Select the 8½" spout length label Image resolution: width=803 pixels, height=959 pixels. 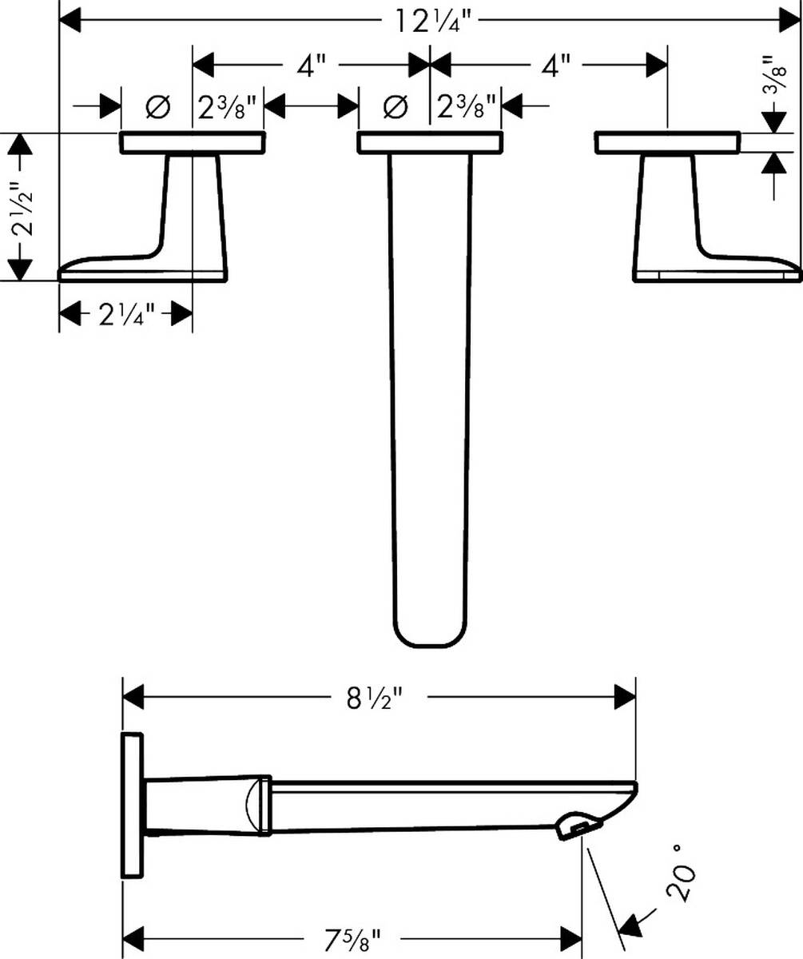pyautogui.click(x=373, y=698)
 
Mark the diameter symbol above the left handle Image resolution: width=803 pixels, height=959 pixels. pyautogui.click(x=157, y=105)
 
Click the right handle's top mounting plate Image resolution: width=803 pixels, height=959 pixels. pyautogui.click(x=667, y=143)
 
